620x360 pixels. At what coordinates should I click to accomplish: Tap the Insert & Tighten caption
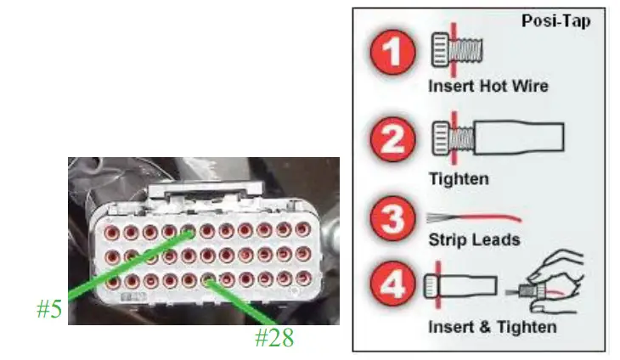493,327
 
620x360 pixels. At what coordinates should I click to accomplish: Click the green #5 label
49,309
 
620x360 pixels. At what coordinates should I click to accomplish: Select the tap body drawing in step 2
518,137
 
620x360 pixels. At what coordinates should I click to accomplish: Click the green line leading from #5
127,263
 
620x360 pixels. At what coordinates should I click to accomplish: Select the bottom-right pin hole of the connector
303,278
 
